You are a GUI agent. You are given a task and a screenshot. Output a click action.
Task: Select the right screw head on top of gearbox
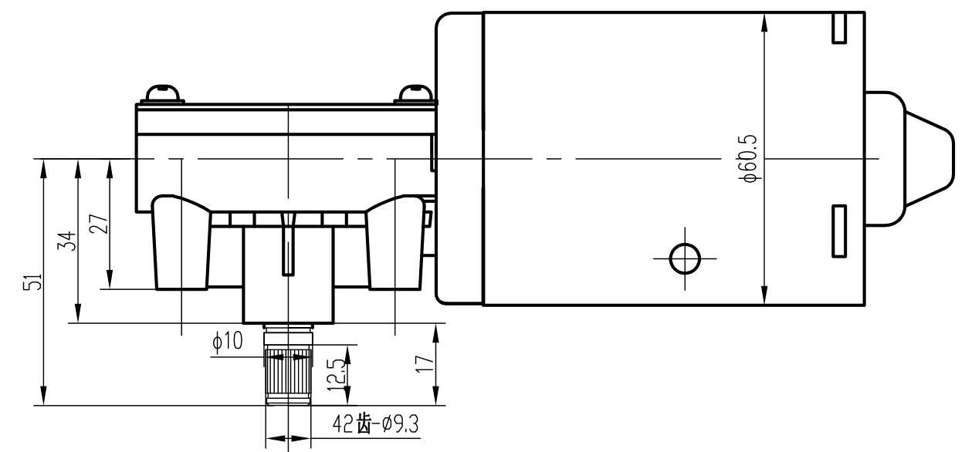point(415,93)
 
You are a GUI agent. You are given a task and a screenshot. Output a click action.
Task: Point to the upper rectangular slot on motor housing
point(838,27)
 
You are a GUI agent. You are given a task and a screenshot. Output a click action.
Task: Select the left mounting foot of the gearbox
point(181,243)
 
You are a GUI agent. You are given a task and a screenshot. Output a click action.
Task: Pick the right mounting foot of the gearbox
point(395,243)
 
